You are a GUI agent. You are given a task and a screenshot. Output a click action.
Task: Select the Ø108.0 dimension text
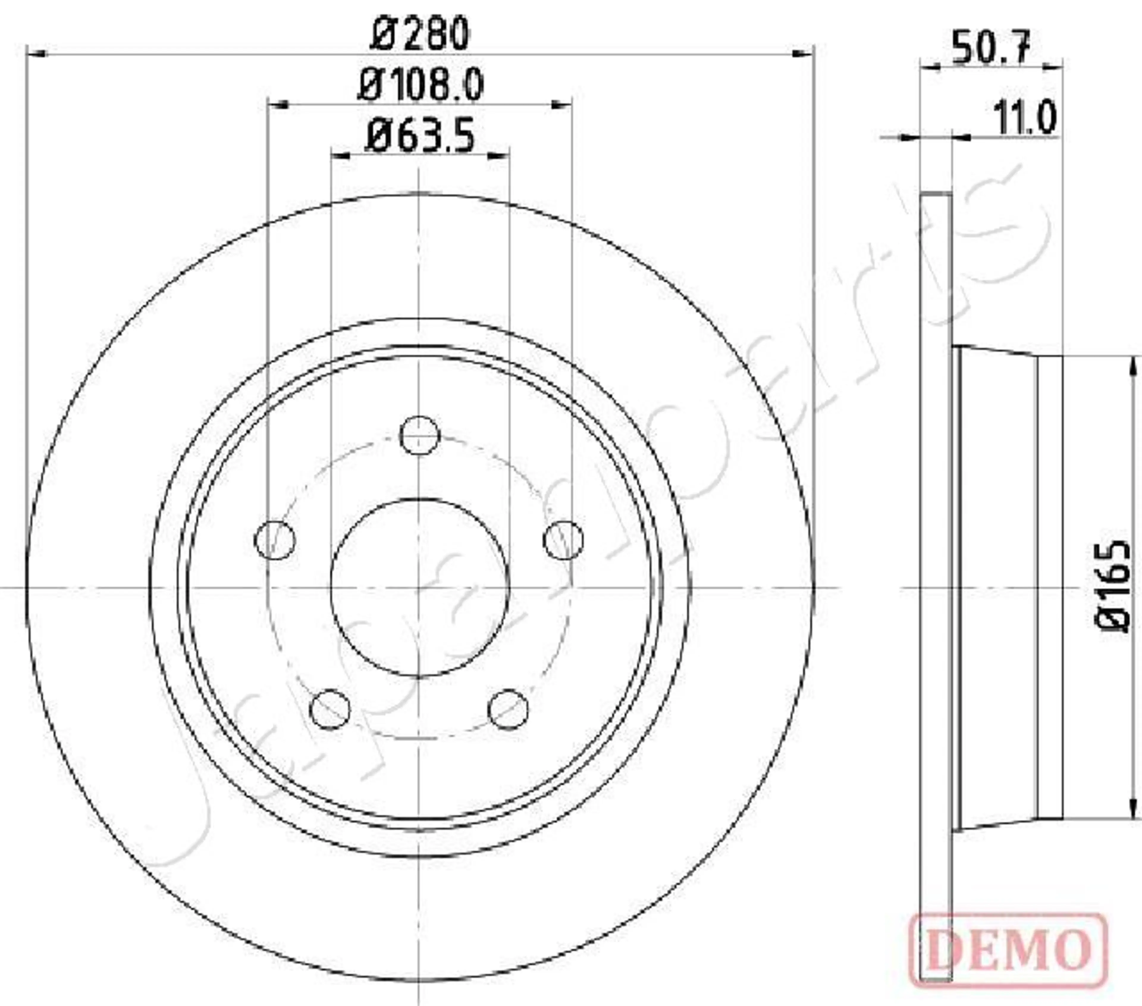click(x=420, y=85)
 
